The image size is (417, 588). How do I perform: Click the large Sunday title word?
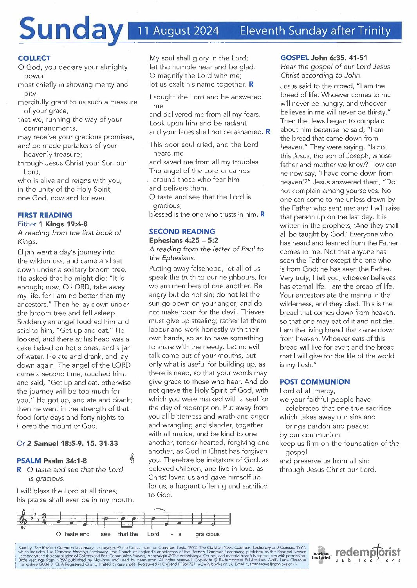[x=70, y=30]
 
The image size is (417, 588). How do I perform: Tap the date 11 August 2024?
[x=178, y=31]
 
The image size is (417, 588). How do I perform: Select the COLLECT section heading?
[x=34, y=58]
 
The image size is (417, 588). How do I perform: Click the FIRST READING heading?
[x=45, y=215]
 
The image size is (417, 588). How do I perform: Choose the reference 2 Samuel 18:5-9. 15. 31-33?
[x=72, y=443]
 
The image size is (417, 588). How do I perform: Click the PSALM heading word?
[x=29, y=461]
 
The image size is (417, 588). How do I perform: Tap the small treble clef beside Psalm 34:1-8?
[x=132, y=458]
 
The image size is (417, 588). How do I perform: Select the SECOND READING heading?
[x=182, y=231]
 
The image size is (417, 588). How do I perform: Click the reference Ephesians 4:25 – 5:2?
[x=184, y=240]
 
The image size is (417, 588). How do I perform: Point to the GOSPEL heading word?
[x=294, y=58]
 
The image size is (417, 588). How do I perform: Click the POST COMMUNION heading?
[x=315, y=382]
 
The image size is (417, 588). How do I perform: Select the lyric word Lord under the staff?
[x=153, y=534]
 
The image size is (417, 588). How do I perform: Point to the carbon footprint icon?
[x=321, y=554]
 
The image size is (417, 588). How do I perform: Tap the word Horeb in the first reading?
[x=26, y=426]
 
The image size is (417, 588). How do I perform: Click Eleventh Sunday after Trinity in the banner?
[x=315, y=31]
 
